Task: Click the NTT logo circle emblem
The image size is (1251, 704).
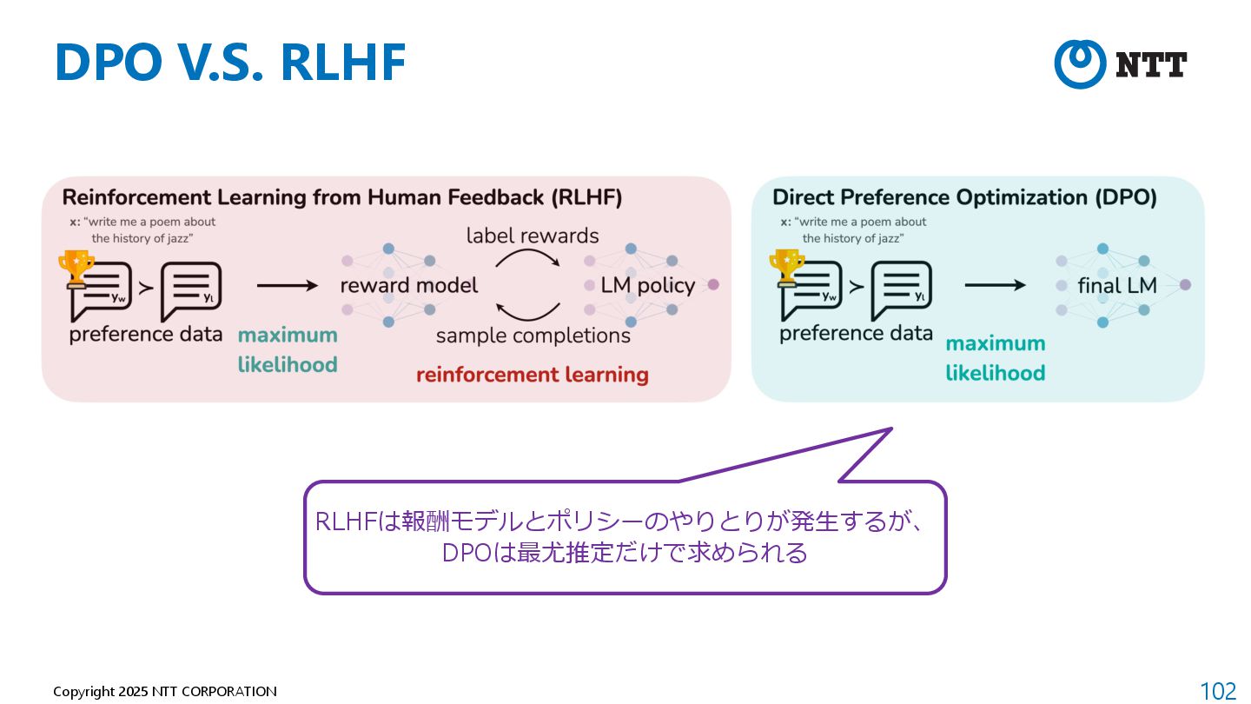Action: [1081, 63]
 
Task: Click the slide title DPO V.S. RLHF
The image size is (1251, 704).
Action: [230, 63]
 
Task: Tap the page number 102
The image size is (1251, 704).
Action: [1218, 691]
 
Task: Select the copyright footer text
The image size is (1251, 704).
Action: [165, 692]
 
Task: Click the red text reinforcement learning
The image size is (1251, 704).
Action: [532, 375]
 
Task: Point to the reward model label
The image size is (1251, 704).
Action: [408, 286]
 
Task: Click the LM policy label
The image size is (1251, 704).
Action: [647, 286]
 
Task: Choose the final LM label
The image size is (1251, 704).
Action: [1117, 285]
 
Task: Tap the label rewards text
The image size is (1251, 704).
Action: [533, 236]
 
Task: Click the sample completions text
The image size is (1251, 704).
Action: [533, 335]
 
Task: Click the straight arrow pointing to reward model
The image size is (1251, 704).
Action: [288, 285]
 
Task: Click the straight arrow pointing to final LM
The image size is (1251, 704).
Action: [996, 285]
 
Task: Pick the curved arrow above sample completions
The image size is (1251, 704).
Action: [528, 311]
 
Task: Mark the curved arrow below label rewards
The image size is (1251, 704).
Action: [528, 256]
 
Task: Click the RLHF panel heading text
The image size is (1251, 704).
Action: [341, 198]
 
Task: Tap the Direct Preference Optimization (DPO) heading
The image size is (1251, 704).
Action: [964, 198]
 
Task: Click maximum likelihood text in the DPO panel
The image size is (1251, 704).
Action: [995, 358]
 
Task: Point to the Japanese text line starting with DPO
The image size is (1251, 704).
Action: [624, 553]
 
